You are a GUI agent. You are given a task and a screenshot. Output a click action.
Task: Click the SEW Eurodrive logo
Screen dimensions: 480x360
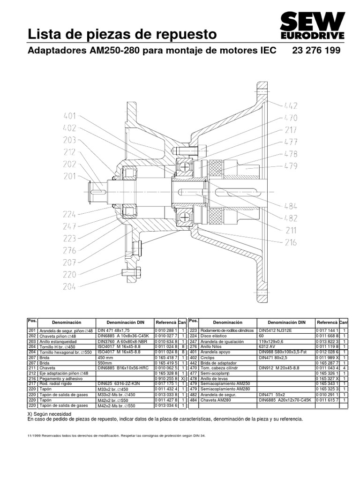click(x=312, y=26)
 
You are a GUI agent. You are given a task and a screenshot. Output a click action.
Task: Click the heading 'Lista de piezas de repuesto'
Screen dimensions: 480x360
click(x=123, y=34)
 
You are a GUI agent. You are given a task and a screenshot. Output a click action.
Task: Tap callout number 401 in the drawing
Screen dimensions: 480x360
click(x=70, y=116)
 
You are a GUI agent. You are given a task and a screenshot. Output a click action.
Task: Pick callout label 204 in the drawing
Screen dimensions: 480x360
click(x=70, y=287)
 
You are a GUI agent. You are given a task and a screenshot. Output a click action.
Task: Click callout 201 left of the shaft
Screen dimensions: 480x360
click(x=70, y=176)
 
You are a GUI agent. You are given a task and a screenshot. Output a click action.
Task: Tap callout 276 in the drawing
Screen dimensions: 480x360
click(x=70, y=250)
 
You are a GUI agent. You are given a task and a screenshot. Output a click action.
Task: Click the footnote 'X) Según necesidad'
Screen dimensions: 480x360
click(x=50, y=414)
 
